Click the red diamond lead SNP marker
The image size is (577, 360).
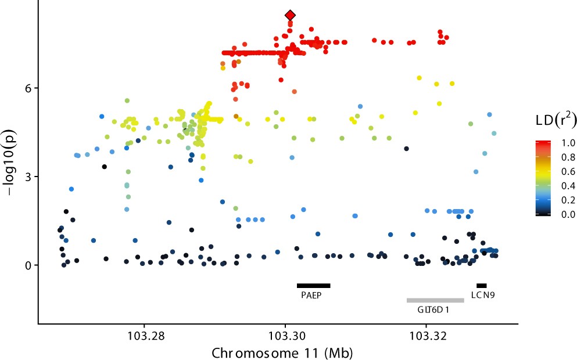[290, 15]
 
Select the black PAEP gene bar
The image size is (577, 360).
[313, 285]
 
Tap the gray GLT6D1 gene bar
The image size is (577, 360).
[435, 300]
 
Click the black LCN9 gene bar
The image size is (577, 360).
[481, 285]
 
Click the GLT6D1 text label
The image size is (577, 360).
[433, 310]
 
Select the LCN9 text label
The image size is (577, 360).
[483, 295]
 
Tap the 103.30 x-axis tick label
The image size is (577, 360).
[285, 336]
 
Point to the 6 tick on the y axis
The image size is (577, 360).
[27, 88]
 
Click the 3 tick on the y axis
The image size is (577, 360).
[27, 177]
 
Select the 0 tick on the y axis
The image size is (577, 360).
[27, 265]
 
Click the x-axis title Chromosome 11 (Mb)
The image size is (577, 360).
[282, 352]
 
